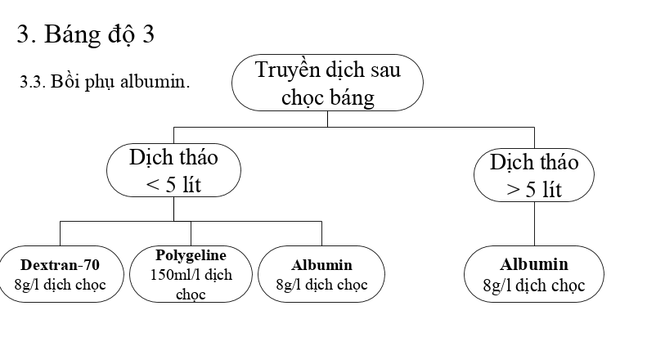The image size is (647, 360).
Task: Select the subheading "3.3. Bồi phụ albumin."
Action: (105, 82)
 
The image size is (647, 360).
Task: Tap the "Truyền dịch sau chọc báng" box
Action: (327, 83)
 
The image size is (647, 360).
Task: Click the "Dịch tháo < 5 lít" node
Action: (173, 170)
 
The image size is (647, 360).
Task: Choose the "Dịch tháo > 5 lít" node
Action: (534, 175)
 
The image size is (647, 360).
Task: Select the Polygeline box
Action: (191, 274)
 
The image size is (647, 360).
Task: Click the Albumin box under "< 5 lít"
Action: (321, 275)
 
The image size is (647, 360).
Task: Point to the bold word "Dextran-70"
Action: (60, 265)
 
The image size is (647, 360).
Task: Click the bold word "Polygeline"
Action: (191, 255)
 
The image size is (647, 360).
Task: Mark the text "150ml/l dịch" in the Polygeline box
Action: (191, 274)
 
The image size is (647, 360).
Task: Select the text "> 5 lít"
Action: (534, 191)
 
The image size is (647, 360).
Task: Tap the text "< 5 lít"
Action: (173, 185)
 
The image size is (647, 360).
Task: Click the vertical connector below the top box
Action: (327, 119)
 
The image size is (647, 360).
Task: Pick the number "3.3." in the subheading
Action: (31, 82)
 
